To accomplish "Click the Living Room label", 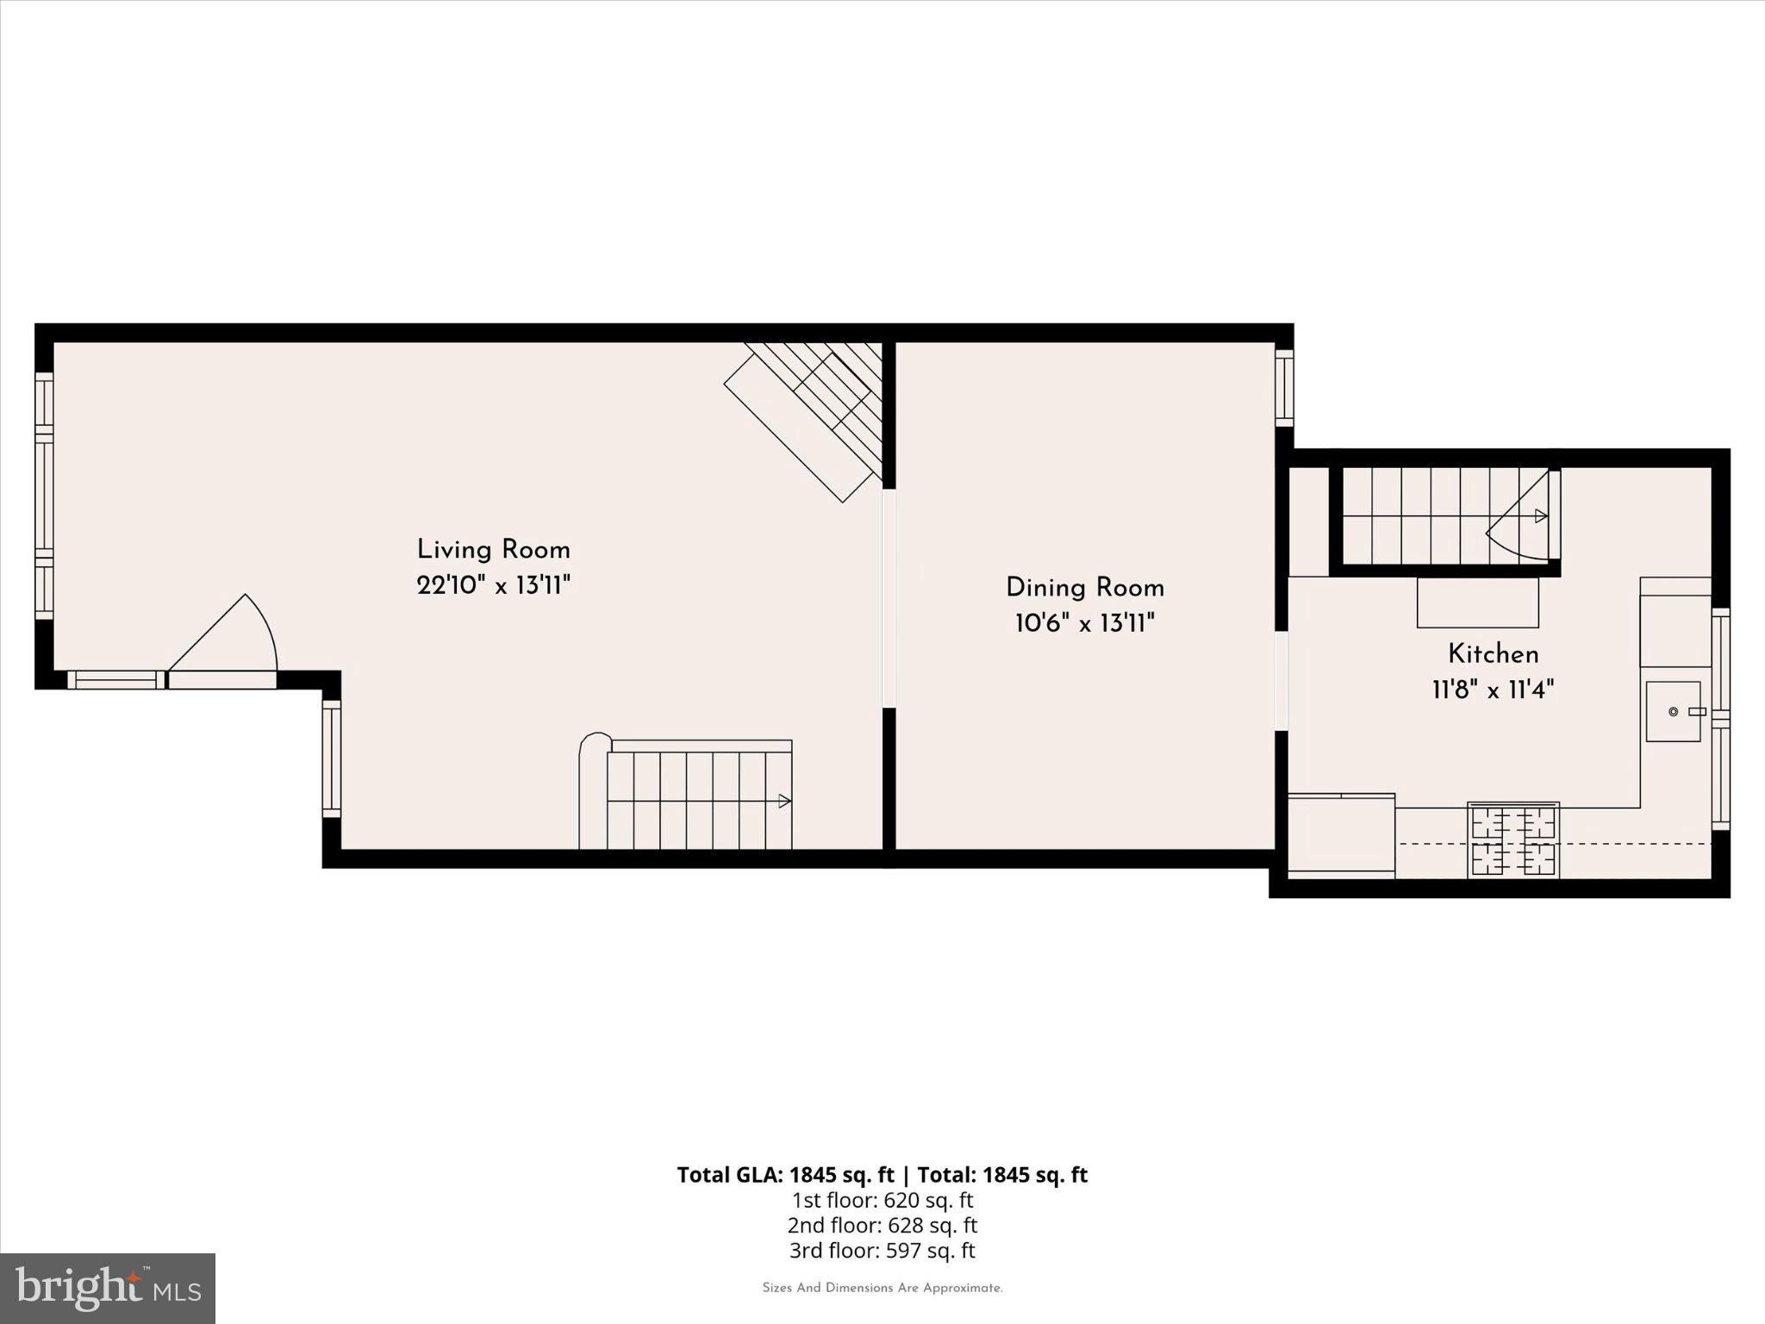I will tap(493, 550).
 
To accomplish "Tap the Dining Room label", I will tap(1084, 588).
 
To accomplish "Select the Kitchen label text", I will tap(1493, 654).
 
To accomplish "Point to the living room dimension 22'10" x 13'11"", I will tap(493, 586).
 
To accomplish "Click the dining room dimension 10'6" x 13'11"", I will tap(1084, 623).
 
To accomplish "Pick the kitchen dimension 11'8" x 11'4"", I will tap(1493, 690).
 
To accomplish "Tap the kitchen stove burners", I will tap(1513, 840).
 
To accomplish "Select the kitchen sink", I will tap(1674, 711).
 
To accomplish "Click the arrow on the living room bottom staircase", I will tap(784, 801).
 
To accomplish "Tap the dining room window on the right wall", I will tap(1284, 388).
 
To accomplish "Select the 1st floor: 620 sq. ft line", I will tap(882, 1200).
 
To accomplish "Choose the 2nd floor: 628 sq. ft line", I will tap(882, 1225).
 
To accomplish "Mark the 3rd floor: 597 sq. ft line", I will tap(882, 1251).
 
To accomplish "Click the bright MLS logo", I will tap(108, 1288).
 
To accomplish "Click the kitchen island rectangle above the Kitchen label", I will tap(1477, 603).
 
